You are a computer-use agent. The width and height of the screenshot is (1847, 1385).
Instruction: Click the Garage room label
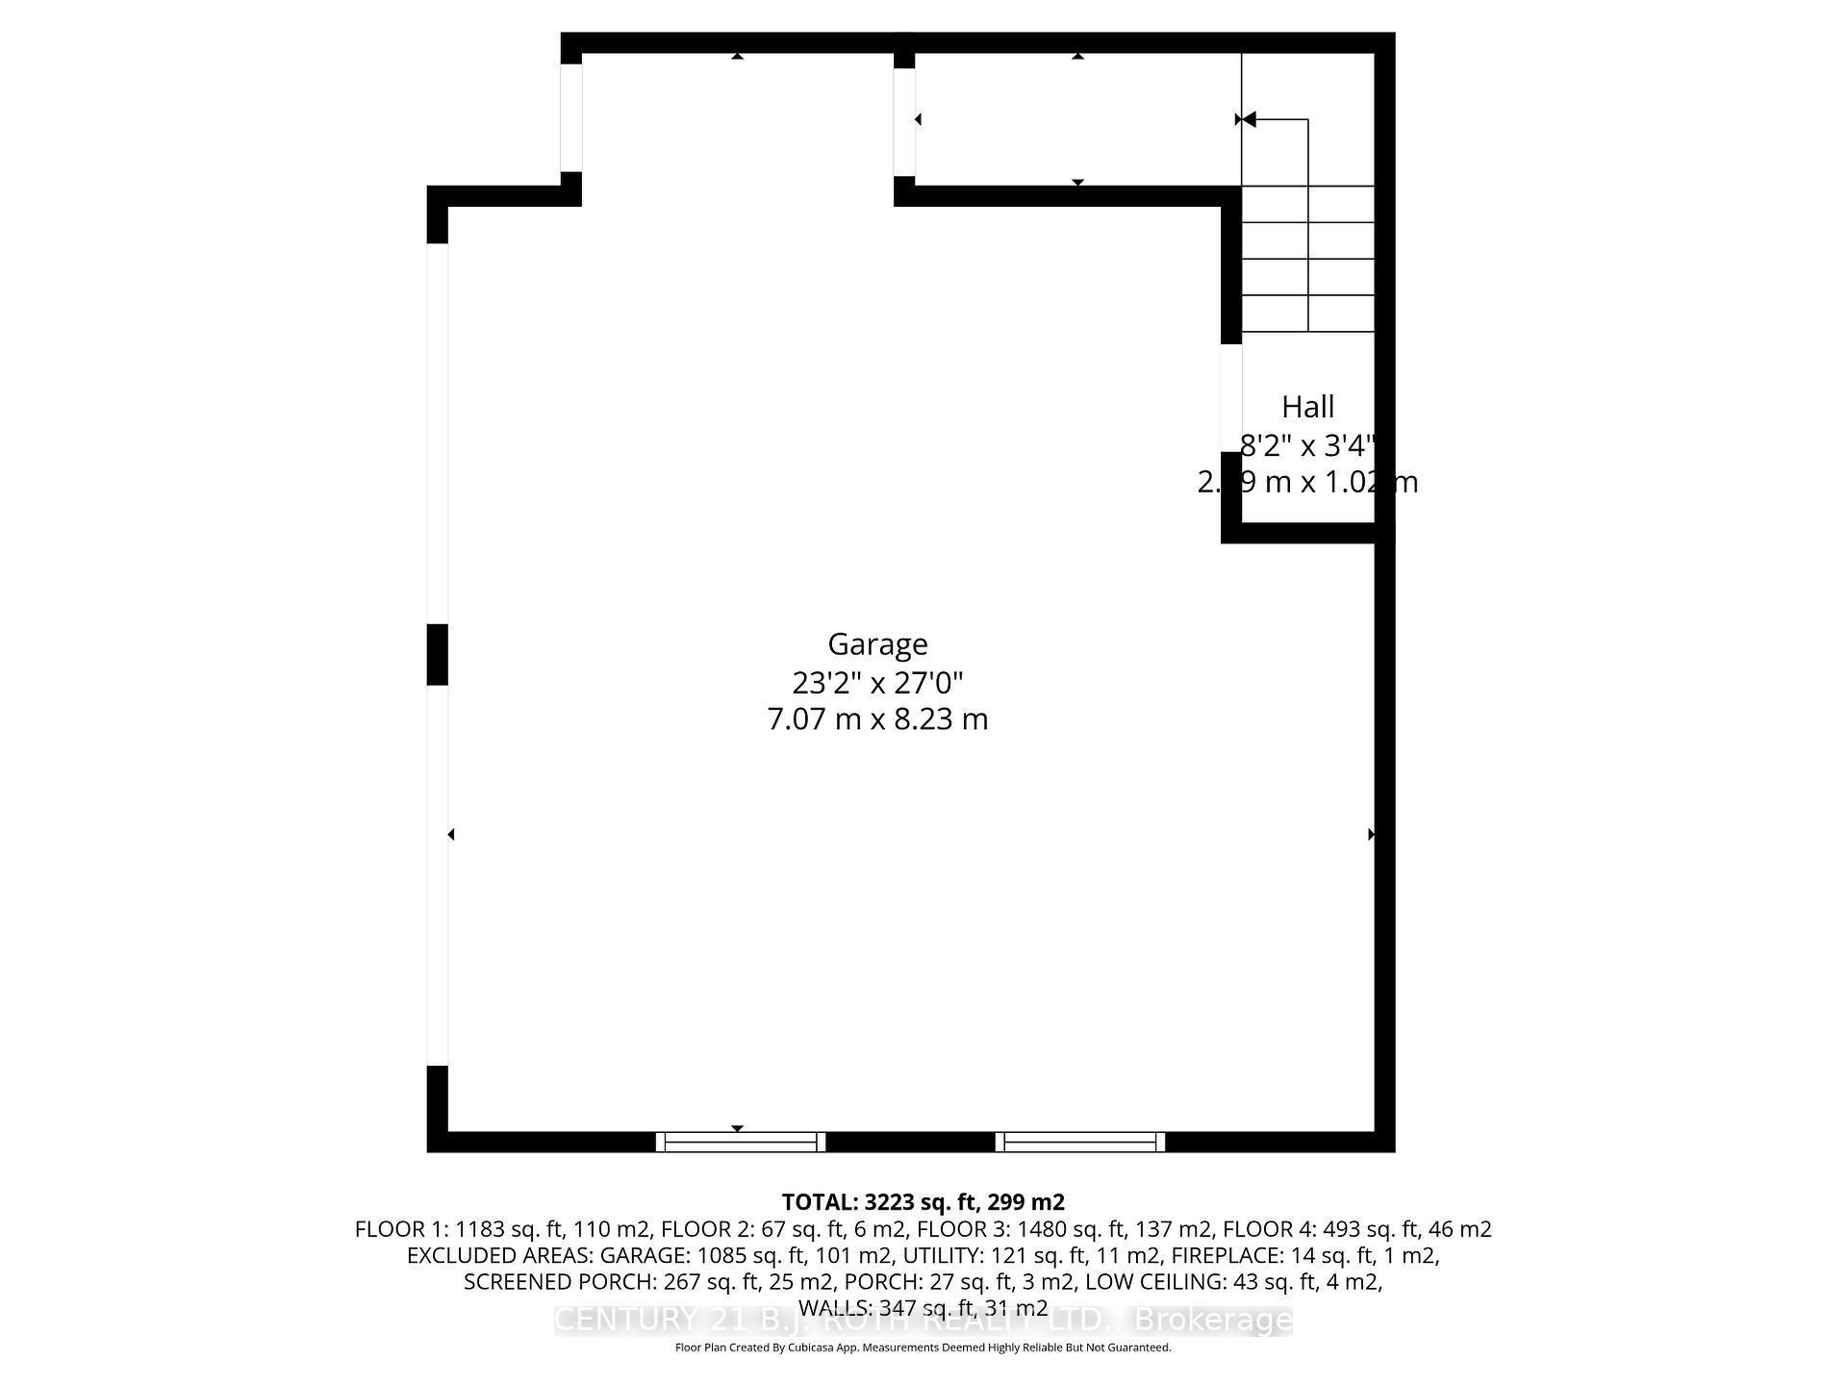click(877, 643)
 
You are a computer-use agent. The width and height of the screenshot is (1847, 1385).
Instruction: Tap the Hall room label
click(1307, 407)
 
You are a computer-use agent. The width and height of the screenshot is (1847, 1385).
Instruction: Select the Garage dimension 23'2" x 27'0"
click(877, 682)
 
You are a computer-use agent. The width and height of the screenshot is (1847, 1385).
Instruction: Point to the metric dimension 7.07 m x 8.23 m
click(877, 719)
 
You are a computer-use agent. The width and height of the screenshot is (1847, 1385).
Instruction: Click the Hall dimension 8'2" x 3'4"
click(1307, 445)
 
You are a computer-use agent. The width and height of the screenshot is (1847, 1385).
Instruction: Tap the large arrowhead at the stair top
click(1248, 119)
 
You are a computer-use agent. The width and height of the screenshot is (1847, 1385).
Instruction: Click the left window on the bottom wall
click(741, 1142)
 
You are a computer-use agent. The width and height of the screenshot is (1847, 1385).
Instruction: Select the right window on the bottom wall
click(1080, 1142)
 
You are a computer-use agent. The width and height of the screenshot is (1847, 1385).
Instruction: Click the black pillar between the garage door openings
click(437, 654)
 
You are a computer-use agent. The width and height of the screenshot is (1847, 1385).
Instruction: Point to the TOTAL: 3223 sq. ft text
click(923, 1202)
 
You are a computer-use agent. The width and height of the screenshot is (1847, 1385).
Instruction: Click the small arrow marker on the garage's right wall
click(1371, 834)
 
